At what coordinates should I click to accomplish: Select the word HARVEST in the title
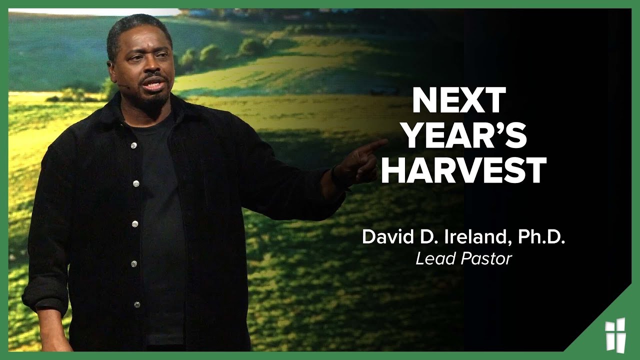463,170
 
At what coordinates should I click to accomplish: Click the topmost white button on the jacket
133,145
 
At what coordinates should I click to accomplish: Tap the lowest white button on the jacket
136,304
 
